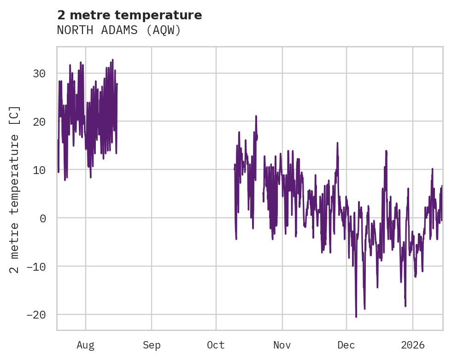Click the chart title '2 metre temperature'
(129, 15)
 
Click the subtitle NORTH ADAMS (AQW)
(119, 30)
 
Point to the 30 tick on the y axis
(40, 73)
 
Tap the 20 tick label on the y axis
(40, 122)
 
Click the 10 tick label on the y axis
(40, 170)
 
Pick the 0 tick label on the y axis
(43, 218)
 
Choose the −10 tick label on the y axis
(37, 267)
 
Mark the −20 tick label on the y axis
(37, 315)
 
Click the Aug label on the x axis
(86, 345)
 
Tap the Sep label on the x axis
(152, 345)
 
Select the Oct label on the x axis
(216, 345)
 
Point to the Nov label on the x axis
(282, 345)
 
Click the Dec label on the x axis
(346, 345)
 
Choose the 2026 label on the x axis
(413, 345)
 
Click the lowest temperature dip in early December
(356, 317)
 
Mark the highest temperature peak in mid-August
(112, 59)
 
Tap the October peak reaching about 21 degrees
(256, 116)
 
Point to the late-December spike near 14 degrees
(386, 151)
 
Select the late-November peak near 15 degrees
(337, 143)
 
